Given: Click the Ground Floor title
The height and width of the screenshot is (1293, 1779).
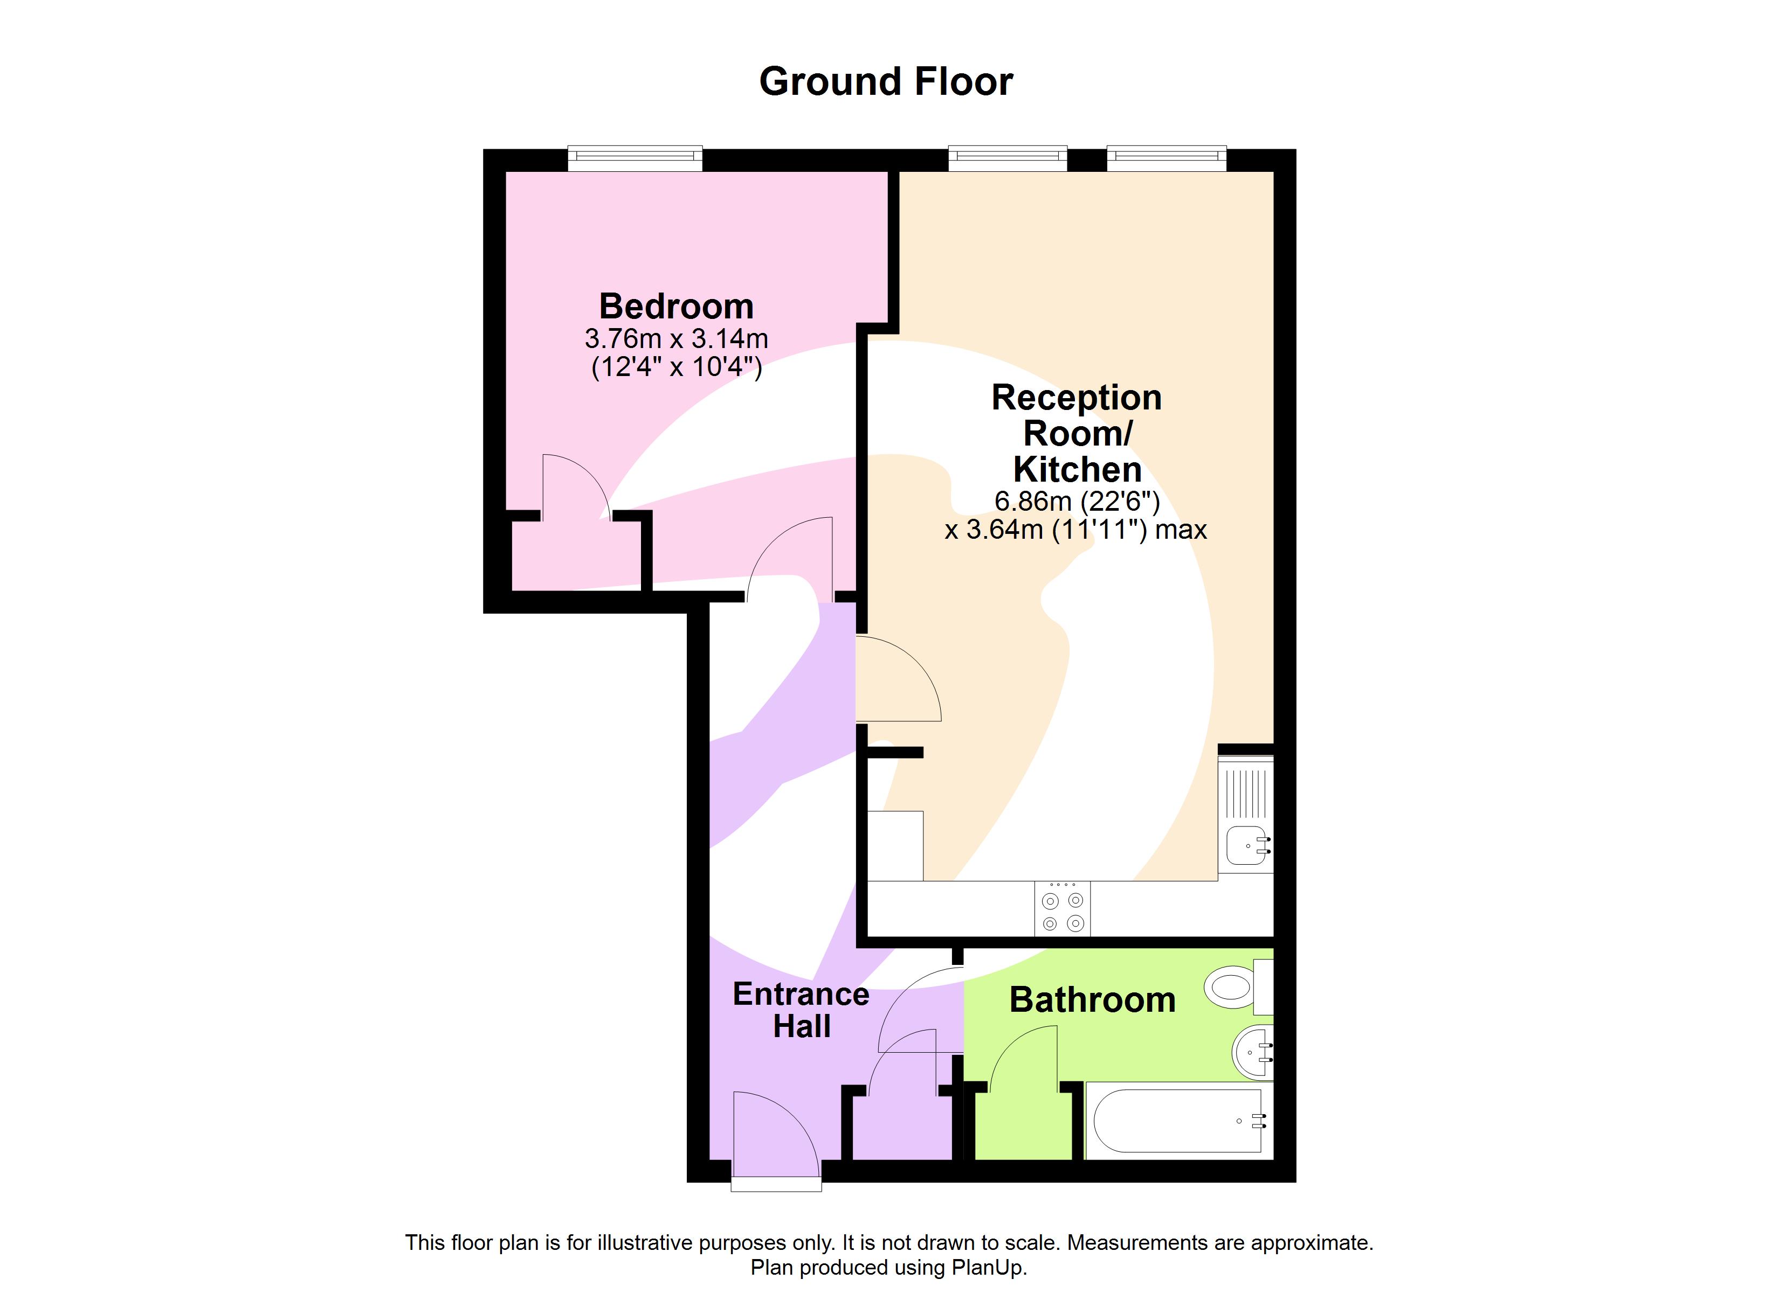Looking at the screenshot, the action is click(x=886, y=81).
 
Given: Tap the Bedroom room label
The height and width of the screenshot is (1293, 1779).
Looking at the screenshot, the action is click(x=676, y=306).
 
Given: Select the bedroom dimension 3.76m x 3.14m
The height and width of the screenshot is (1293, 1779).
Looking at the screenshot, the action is click(x=676, y=339).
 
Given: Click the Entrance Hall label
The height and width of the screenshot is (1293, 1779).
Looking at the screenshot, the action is click(x=801, y=1010).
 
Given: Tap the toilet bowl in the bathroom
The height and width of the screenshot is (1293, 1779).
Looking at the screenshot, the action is click(x=1231, y=987).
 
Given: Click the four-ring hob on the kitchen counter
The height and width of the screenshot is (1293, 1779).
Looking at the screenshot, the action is click(x=1063, y=909).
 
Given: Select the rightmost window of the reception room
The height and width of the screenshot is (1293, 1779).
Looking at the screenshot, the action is click(x=1167, y=158).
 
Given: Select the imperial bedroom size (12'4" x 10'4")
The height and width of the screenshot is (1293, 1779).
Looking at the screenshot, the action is click(x=676, y=366).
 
